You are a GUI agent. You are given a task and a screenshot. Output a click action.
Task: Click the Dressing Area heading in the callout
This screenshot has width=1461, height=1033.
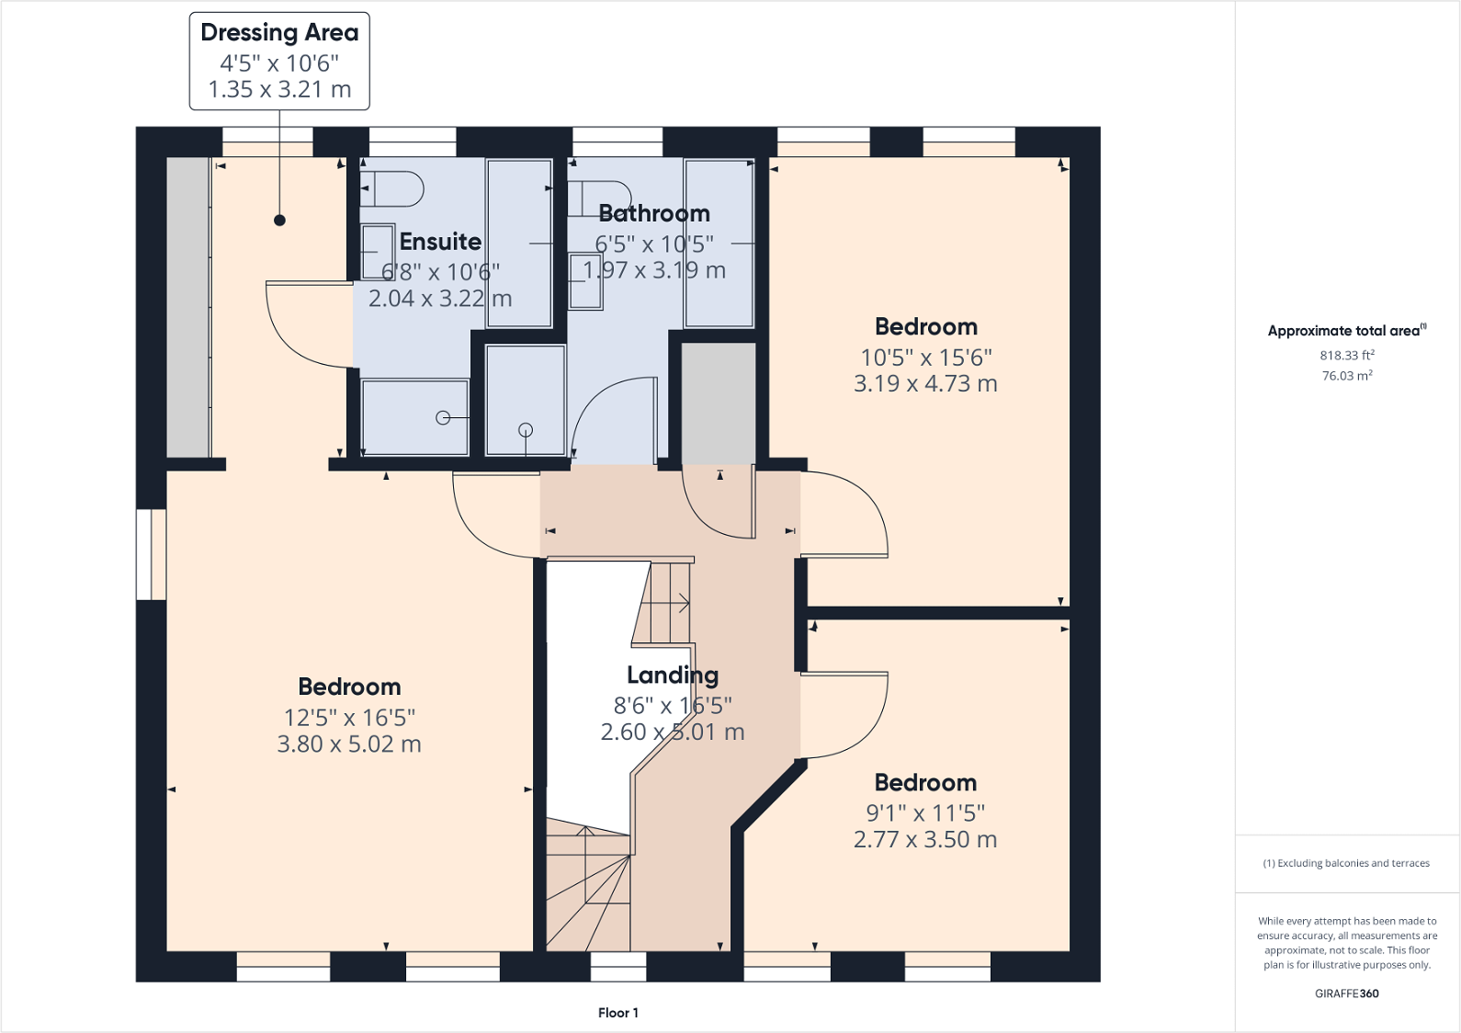(x=279, y=33)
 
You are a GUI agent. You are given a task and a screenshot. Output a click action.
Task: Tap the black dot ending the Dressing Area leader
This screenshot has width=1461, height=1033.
(x=280, y=221)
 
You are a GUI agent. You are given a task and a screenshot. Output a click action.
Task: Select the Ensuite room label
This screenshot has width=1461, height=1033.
(x=440, y=242)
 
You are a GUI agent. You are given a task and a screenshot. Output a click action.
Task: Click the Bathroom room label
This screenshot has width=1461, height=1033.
(x=654, y=213)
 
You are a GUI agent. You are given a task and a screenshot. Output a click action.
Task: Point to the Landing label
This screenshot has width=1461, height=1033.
(x=673, y=675)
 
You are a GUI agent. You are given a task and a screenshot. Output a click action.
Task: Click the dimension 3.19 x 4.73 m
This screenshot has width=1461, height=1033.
(x=925, y=384)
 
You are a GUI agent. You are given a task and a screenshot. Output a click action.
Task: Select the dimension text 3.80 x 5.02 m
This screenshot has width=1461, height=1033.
(x=349, y=744)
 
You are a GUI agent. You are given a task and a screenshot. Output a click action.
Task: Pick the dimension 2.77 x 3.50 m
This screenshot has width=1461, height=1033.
(x=925, y=839)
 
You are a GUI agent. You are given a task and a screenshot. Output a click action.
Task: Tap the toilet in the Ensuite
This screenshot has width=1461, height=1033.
(x=391, y=189)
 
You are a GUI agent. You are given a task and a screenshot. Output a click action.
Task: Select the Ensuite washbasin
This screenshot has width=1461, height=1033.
(x=378, y=252)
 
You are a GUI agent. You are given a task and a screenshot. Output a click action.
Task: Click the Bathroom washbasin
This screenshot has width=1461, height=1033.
(x=585, y=281)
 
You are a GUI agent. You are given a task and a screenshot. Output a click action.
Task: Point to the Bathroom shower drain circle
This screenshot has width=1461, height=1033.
(x=526, y=430)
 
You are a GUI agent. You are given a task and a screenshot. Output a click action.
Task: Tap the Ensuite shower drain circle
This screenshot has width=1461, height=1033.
(x=443, y=417)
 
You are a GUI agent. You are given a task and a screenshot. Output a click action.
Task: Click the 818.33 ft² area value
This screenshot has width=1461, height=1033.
(x=1347, y=355)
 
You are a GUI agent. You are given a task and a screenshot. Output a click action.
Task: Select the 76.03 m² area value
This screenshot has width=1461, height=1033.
(x=1347, y=375)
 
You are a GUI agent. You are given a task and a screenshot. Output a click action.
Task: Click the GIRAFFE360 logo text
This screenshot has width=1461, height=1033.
(x=1347, y=993)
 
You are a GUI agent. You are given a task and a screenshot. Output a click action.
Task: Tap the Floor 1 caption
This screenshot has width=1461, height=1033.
(x=618, y=1013)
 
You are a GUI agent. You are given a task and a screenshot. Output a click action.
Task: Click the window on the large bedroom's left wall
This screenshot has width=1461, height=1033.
(x=152, y=555)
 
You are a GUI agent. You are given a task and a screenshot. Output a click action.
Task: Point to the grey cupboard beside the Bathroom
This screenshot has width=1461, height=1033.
(x=719, y=404)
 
